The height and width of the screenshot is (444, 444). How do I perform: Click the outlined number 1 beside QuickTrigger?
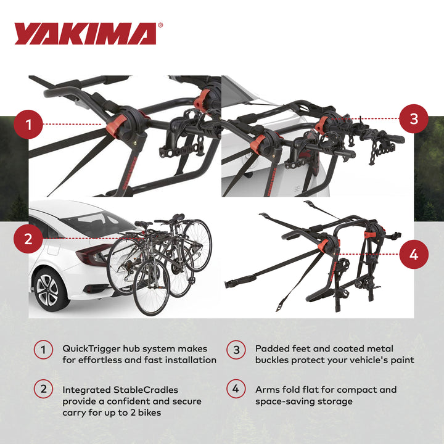tap(43, 350)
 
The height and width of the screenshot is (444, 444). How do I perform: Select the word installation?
tap(188, 360)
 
